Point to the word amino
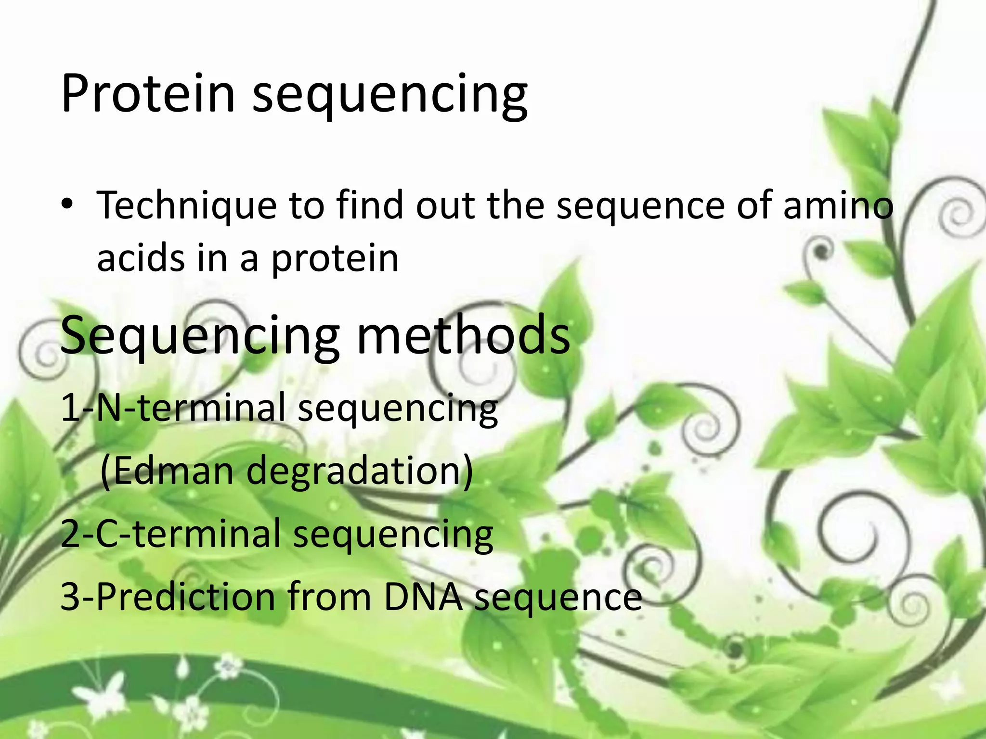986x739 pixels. tap(838, 206)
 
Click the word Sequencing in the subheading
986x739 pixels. tap(200, 336)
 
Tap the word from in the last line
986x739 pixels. tap(329, 597)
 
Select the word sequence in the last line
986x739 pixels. tap(558, 598)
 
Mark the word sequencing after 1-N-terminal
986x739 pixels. tap(398, 409)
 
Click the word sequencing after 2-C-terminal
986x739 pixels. tap(393, 535)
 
